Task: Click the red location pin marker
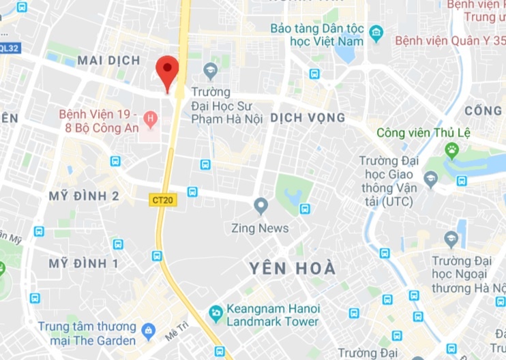coord(167,72)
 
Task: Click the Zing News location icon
coord(261,205)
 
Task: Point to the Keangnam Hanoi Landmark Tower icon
coord(216,314)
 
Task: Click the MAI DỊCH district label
coord(109,61)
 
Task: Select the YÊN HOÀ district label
coord(292,268)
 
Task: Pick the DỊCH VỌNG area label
coord(308,118)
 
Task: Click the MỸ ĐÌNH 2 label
coord(84,196)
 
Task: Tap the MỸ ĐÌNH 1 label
coord(84,263)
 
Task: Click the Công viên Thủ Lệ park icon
coord(451,149)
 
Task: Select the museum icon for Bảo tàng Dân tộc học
coord(375,31)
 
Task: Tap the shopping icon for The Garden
coord(148,332)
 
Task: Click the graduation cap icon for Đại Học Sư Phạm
coord(211,70)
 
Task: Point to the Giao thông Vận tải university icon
coord(430,179)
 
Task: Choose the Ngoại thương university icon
coord(451,239)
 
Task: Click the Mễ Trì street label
coord(175,332)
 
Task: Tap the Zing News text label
coord(260,228)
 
